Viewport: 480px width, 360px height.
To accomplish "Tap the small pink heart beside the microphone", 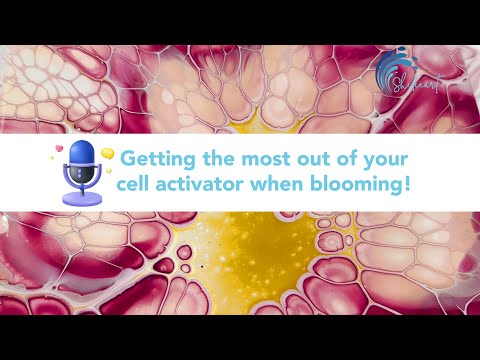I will pos(59,149).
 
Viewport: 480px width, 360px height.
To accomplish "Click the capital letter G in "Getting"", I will pos(129,160).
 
